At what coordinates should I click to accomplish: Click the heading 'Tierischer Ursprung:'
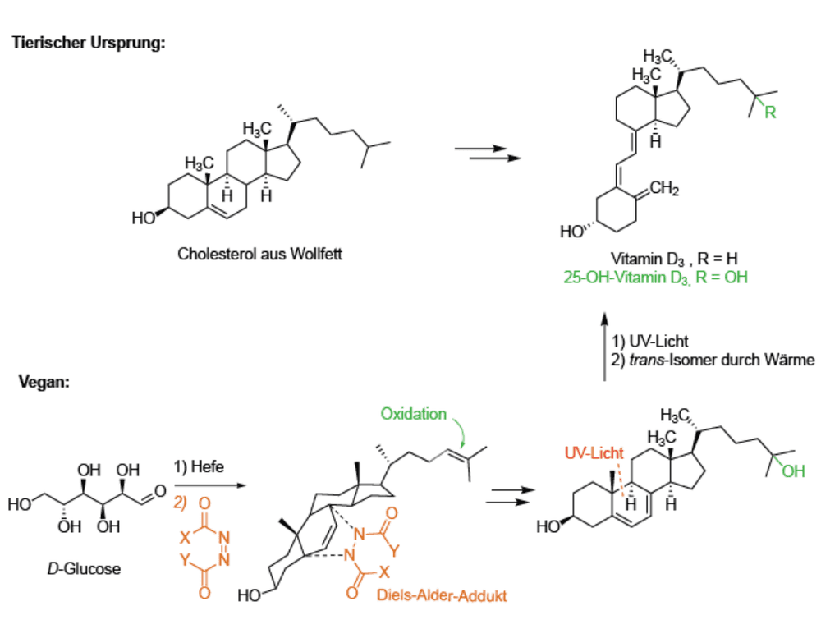click(x=89, y=43)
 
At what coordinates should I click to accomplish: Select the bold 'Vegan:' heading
click(x=44, y=382)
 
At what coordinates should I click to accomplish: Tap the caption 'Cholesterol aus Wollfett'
click(x=259, y=254)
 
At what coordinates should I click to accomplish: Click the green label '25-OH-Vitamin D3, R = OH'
click(x=655, y=277)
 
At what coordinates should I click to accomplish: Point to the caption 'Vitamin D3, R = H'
click(x=674, y=259)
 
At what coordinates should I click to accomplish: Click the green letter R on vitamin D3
click(x=770, y=112)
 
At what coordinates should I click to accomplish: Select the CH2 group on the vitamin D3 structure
click(x=664, y=188)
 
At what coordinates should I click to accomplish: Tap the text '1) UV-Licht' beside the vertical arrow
click(x=649, y=342)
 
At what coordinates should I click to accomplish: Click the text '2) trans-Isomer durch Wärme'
click(x=713, y=361)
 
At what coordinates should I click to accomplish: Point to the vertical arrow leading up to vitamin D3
click(x=605, y=347)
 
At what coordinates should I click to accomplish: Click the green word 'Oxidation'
click(x=413, y=414)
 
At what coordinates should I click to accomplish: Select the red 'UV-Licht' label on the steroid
click(x=594, y=453)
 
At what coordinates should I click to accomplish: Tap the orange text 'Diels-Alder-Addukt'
click(x=442, y=596)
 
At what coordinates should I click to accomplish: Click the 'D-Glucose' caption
click(x=84, y=569)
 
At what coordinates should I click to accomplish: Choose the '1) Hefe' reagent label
click(x=199, y=466)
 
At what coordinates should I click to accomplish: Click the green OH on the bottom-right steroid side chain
click(x=793, y=471)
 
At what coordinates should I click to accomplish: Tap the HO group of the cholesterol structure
click(x=144, y=218)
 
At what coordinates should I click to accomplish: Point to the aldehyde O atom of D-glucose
click(x=160, y=491)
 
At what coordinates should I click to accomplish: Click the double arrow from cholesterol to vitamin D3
click(x=488, y=153)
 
